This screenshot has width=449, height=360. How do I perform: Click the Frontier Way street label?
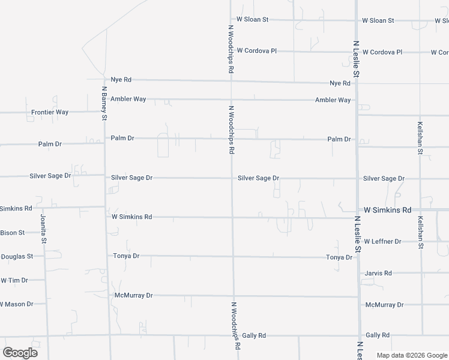click(x=50, y=112)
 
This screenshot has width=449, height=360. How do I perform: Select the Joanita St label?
click(x=43, y=229)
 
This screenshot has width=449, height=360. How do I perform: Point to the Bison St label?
click(x=13, y=232)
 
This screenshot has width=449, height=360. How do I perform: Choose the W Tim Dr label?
click(x=13, y=280)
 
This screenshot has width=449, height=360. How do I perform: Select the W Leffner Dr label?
click(x=382, y=241)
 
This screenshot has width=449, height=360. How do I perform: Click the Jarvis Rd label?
click(x=378, y=273)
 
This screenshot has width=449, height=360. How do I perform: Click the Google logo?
click(x=20, y=352)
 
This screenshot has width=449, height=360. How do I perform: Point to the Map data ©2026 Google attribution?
click(x=412, y=355)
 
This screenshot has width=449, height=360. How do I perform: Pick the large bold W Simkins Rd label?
click(x=387, y=210)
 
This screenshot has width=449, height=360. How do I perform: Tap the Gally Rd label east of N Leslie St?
click(x=378, y=335)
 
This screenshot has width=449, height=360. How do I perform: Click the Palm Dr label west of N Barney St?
click(x=50, y=144)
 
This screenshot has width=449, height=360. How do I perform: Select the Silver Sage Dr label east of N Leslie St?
click(x=384, y=179)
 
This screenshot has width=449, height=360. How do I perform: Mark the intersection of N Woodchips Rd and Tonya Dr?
click(x=233, y=257)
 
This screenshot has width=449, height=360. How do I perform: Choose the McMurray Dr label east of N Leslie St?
click(x=384, y=305)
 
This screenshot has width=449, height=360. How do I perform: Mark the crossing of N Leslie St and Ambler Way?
click(x=357, y=100)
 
